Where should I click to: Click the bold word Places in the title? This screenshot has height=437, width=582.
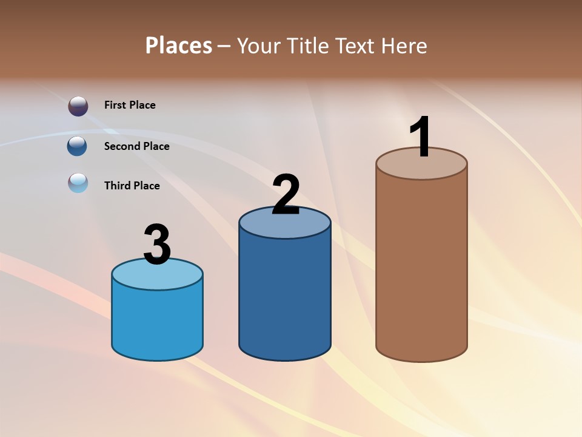[179, 46]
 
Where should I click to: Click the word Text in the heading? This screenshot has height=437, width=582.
[356, 46]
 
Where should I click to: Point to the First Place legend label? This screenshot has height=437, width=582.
[130, 105]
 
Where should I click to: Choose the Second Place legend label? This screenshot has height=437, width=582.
[136, 146]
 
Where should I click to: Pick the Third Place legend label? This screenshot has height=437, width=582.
[132, 186]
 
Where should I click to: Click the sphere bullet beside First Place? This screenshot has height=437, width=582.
[78, 106]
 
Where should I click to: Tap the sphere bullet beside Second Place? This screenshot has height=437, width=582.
[77, 146]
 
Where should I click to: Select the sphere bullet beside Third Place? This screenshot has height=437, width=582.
[78, 182]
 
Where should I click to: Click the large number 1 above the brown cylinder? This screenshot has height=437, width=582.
[421, 137]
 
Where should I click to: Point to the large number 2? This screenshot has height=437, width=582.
[286, 195]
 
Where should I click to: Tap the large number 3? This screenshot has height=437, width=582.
[157, 245]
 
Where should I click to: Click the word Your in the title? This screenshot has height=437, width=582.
[259, 46]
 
